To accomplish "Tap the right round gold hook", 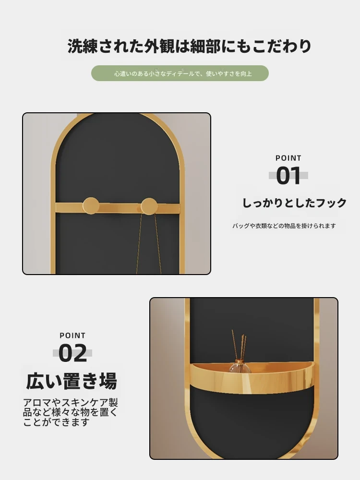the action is (149, 206).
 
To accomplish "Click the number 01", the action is (288, 175).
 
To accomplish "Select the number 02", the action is (72, 353).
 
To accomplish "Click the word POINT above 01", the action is (288, 158).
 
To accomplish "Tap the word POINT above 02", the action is (72, 336).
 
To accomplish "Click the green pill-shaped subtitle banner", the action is (180, 73).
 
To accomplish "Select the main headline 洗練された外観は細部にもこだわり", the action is (189, 46).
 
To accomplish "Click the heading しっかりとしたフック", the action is (295, 203).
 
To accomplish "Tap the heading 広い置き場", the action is (72, 381).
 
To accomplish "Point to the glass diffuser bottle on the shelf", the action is (239, 366).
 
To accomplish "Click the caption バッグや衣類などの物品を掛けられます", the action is (284, 226).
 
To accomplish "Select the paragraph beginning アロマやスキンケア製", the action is (71, 412).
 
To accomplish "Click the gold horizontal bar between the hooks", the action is (120, 208).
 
